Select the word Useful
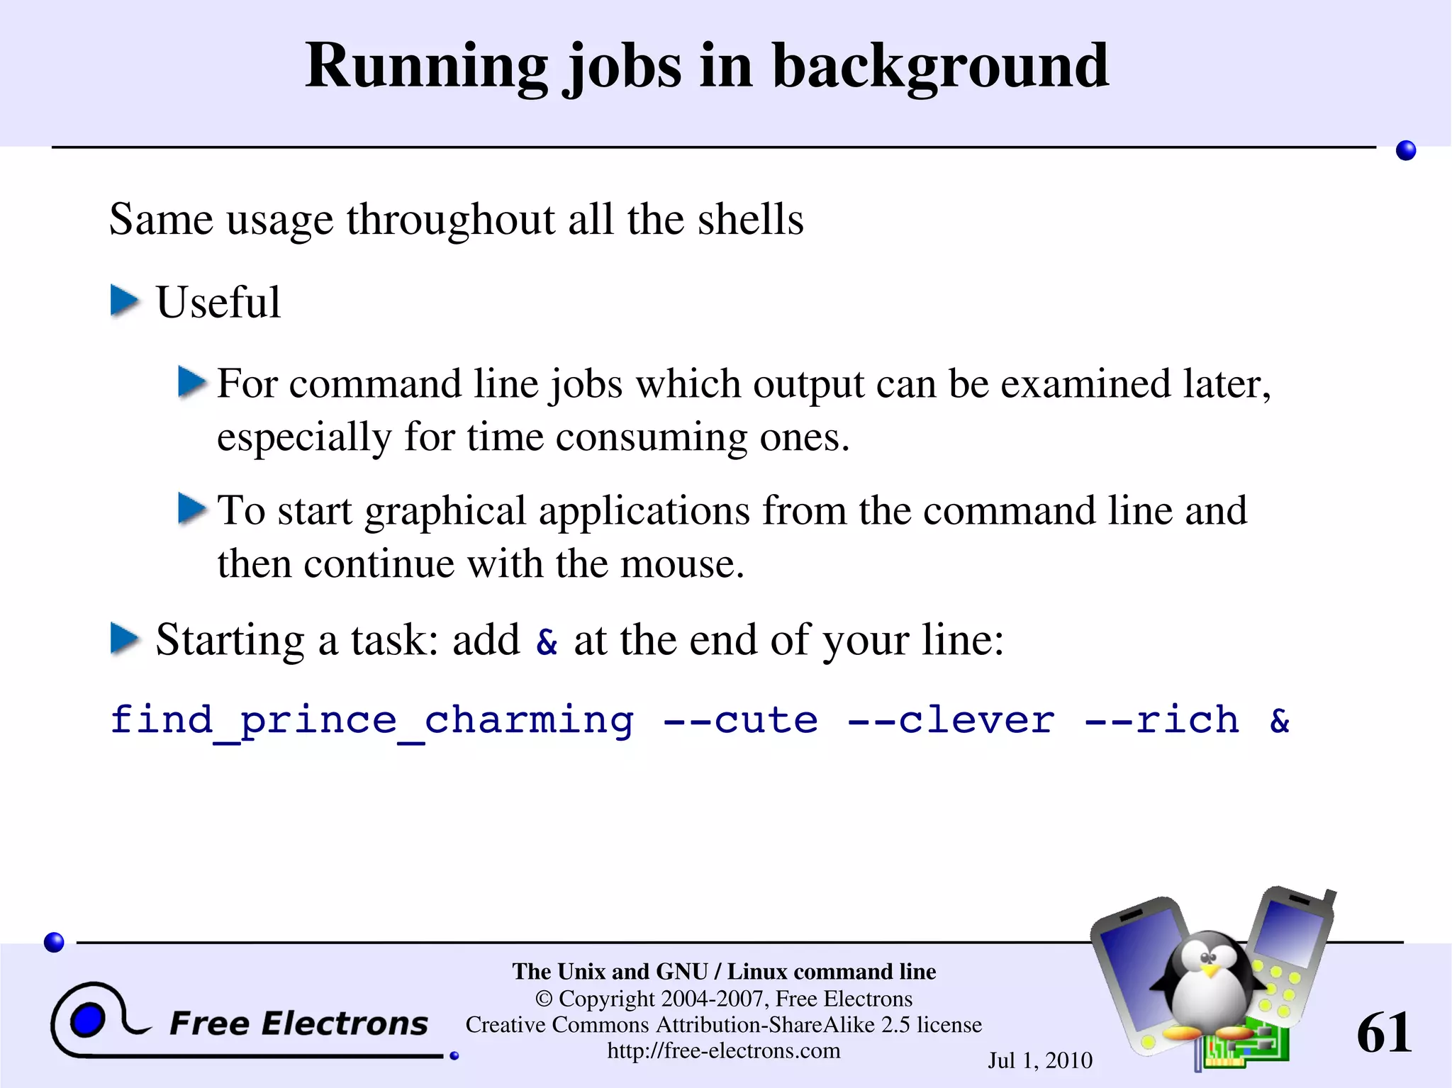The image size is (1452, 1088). [x=218, y=303]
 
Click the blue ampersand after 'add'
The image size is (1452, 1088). [x=547, y=641]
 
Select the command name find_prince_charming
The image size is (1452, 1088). [x=372, y=721]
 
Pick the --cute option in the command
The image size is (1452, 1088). [x=740, y=721]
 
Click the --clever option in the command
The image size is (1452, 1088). [x=951, y=721]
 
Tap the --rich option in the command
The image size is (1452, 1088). [x=1162, y=721]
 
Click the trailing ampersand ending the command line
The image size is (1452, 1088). [x=1280, y=721]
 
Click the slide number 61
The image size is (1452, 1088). [x=1383, y=1033]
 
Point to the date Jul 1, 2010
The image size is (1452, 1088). [x=1040, y=1060]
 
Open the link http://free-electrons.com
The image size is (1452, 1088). [x=724, y=1050]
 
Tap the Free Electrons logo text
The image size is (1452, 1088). [x=298, y=1023]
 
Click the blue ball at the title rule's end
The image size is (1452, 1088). [x=1405, y=150]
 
